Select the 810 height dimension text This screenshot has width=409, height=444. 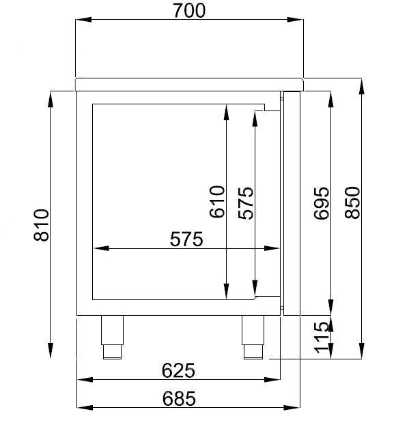(40, 224)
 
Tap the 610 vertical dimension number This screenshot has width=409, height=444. (216, 202)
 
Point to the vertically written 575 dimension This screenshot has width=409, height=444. (245, 203)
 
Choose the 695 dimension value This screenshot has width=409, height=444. (321, 203)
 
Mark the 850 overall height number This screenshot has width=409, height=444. (352, 203)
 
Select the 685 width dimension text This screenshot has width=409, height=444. (179, 398)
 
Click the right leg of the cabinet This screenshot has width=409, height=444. (252, 336)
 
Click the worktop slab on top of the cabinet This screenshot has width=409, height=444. (188, 84)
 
